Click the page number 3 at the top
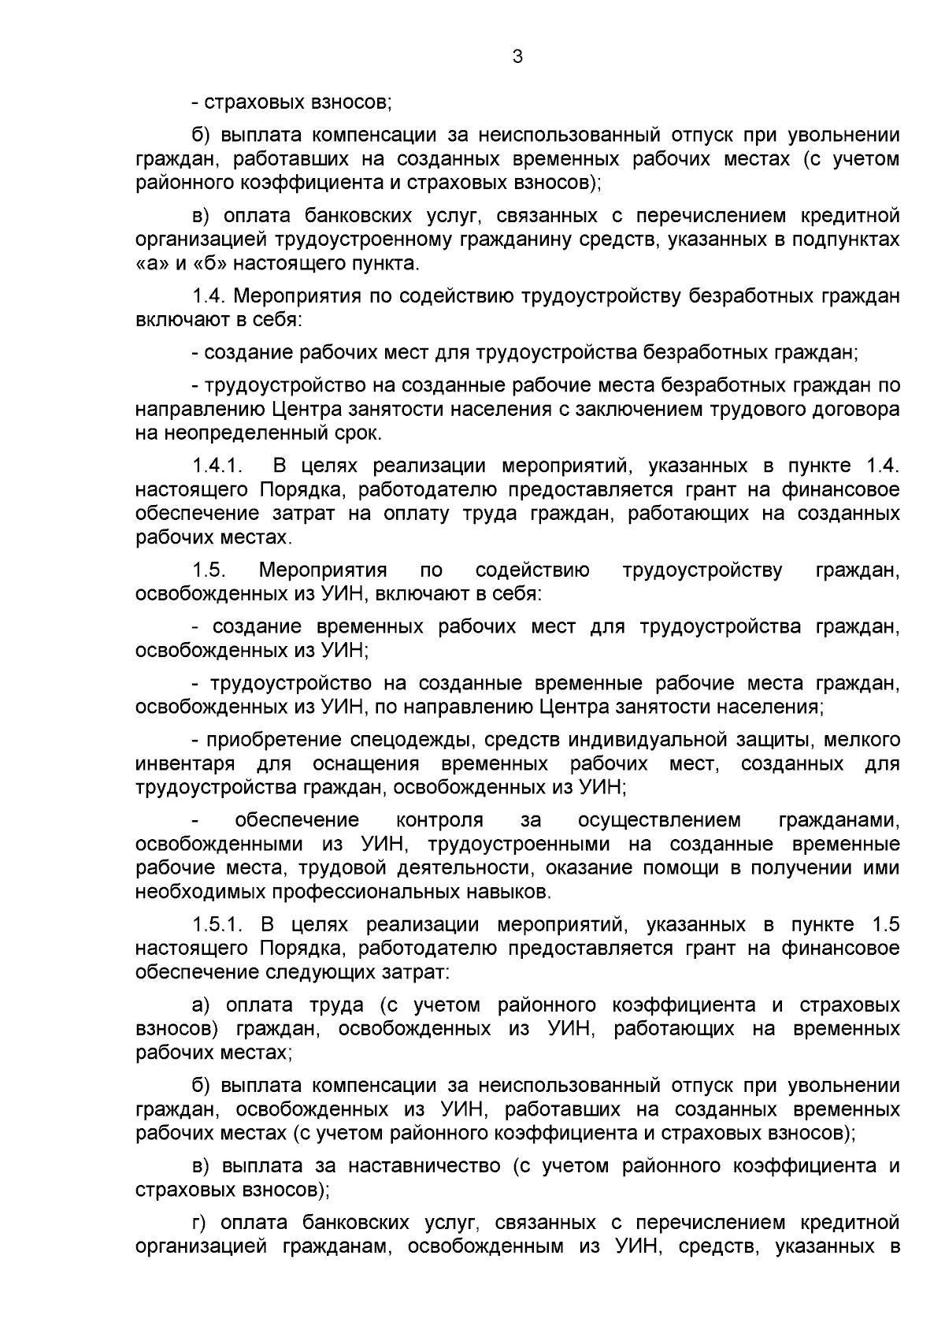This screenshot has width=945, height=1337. (517, 57)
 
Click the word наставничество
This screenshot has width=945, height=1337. (424, 1166)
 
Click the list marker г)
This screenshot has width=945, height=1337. (202, 1223)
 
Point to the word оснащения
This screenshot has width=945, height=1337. (367, 763)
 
